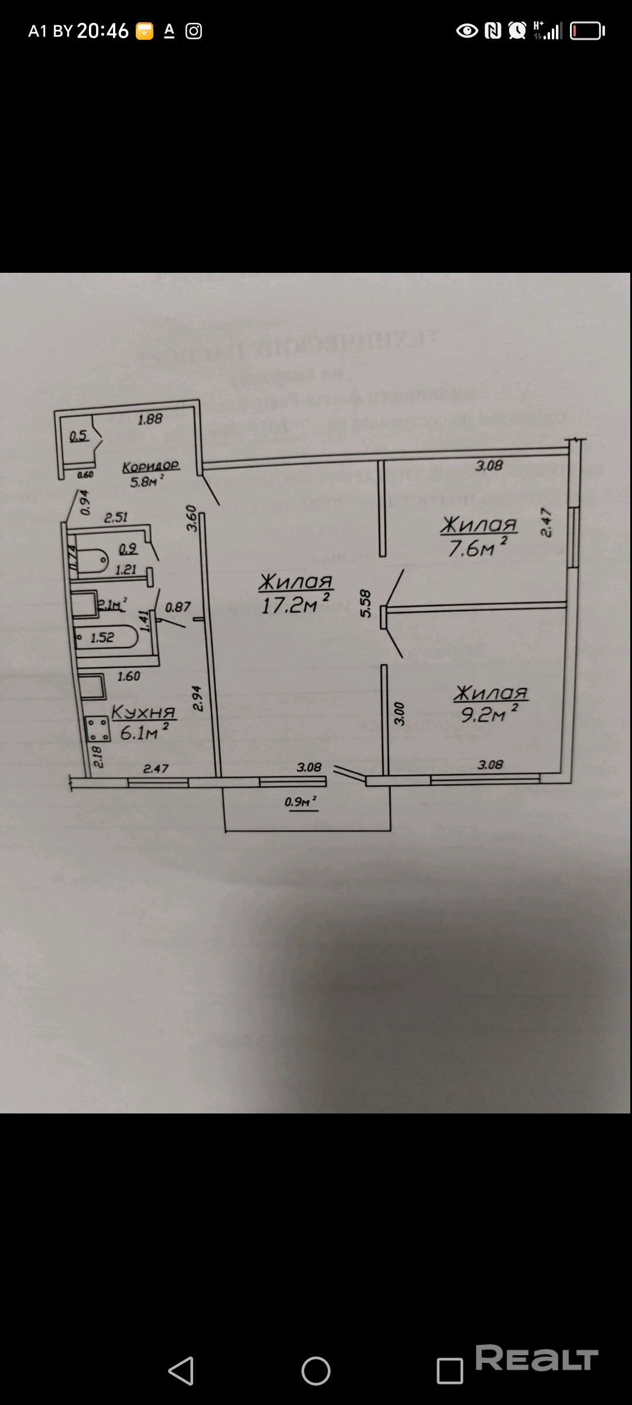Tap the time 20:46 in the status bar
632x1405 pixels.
coord(102,30)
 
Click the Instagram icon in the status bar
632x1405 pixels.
coord(194,31)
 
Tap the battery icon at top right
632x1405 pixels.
coord(587,30)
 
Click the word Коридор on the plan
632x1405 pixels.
coord(150,467)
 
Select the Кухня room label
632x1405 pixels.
coord(143,712)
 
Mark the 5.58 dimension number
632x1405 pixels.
coord(366,603)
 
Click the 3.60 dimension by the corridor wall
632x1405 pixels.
coord(191,518)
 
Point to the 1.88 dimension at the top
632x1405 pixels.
coord(150,419)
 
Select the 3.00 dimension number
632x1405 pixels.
coord(399,714)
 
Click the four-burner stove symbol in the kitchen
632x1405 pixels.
coord(97,729)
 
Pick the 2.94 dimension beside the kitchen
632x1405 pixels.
coord(197,698)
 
